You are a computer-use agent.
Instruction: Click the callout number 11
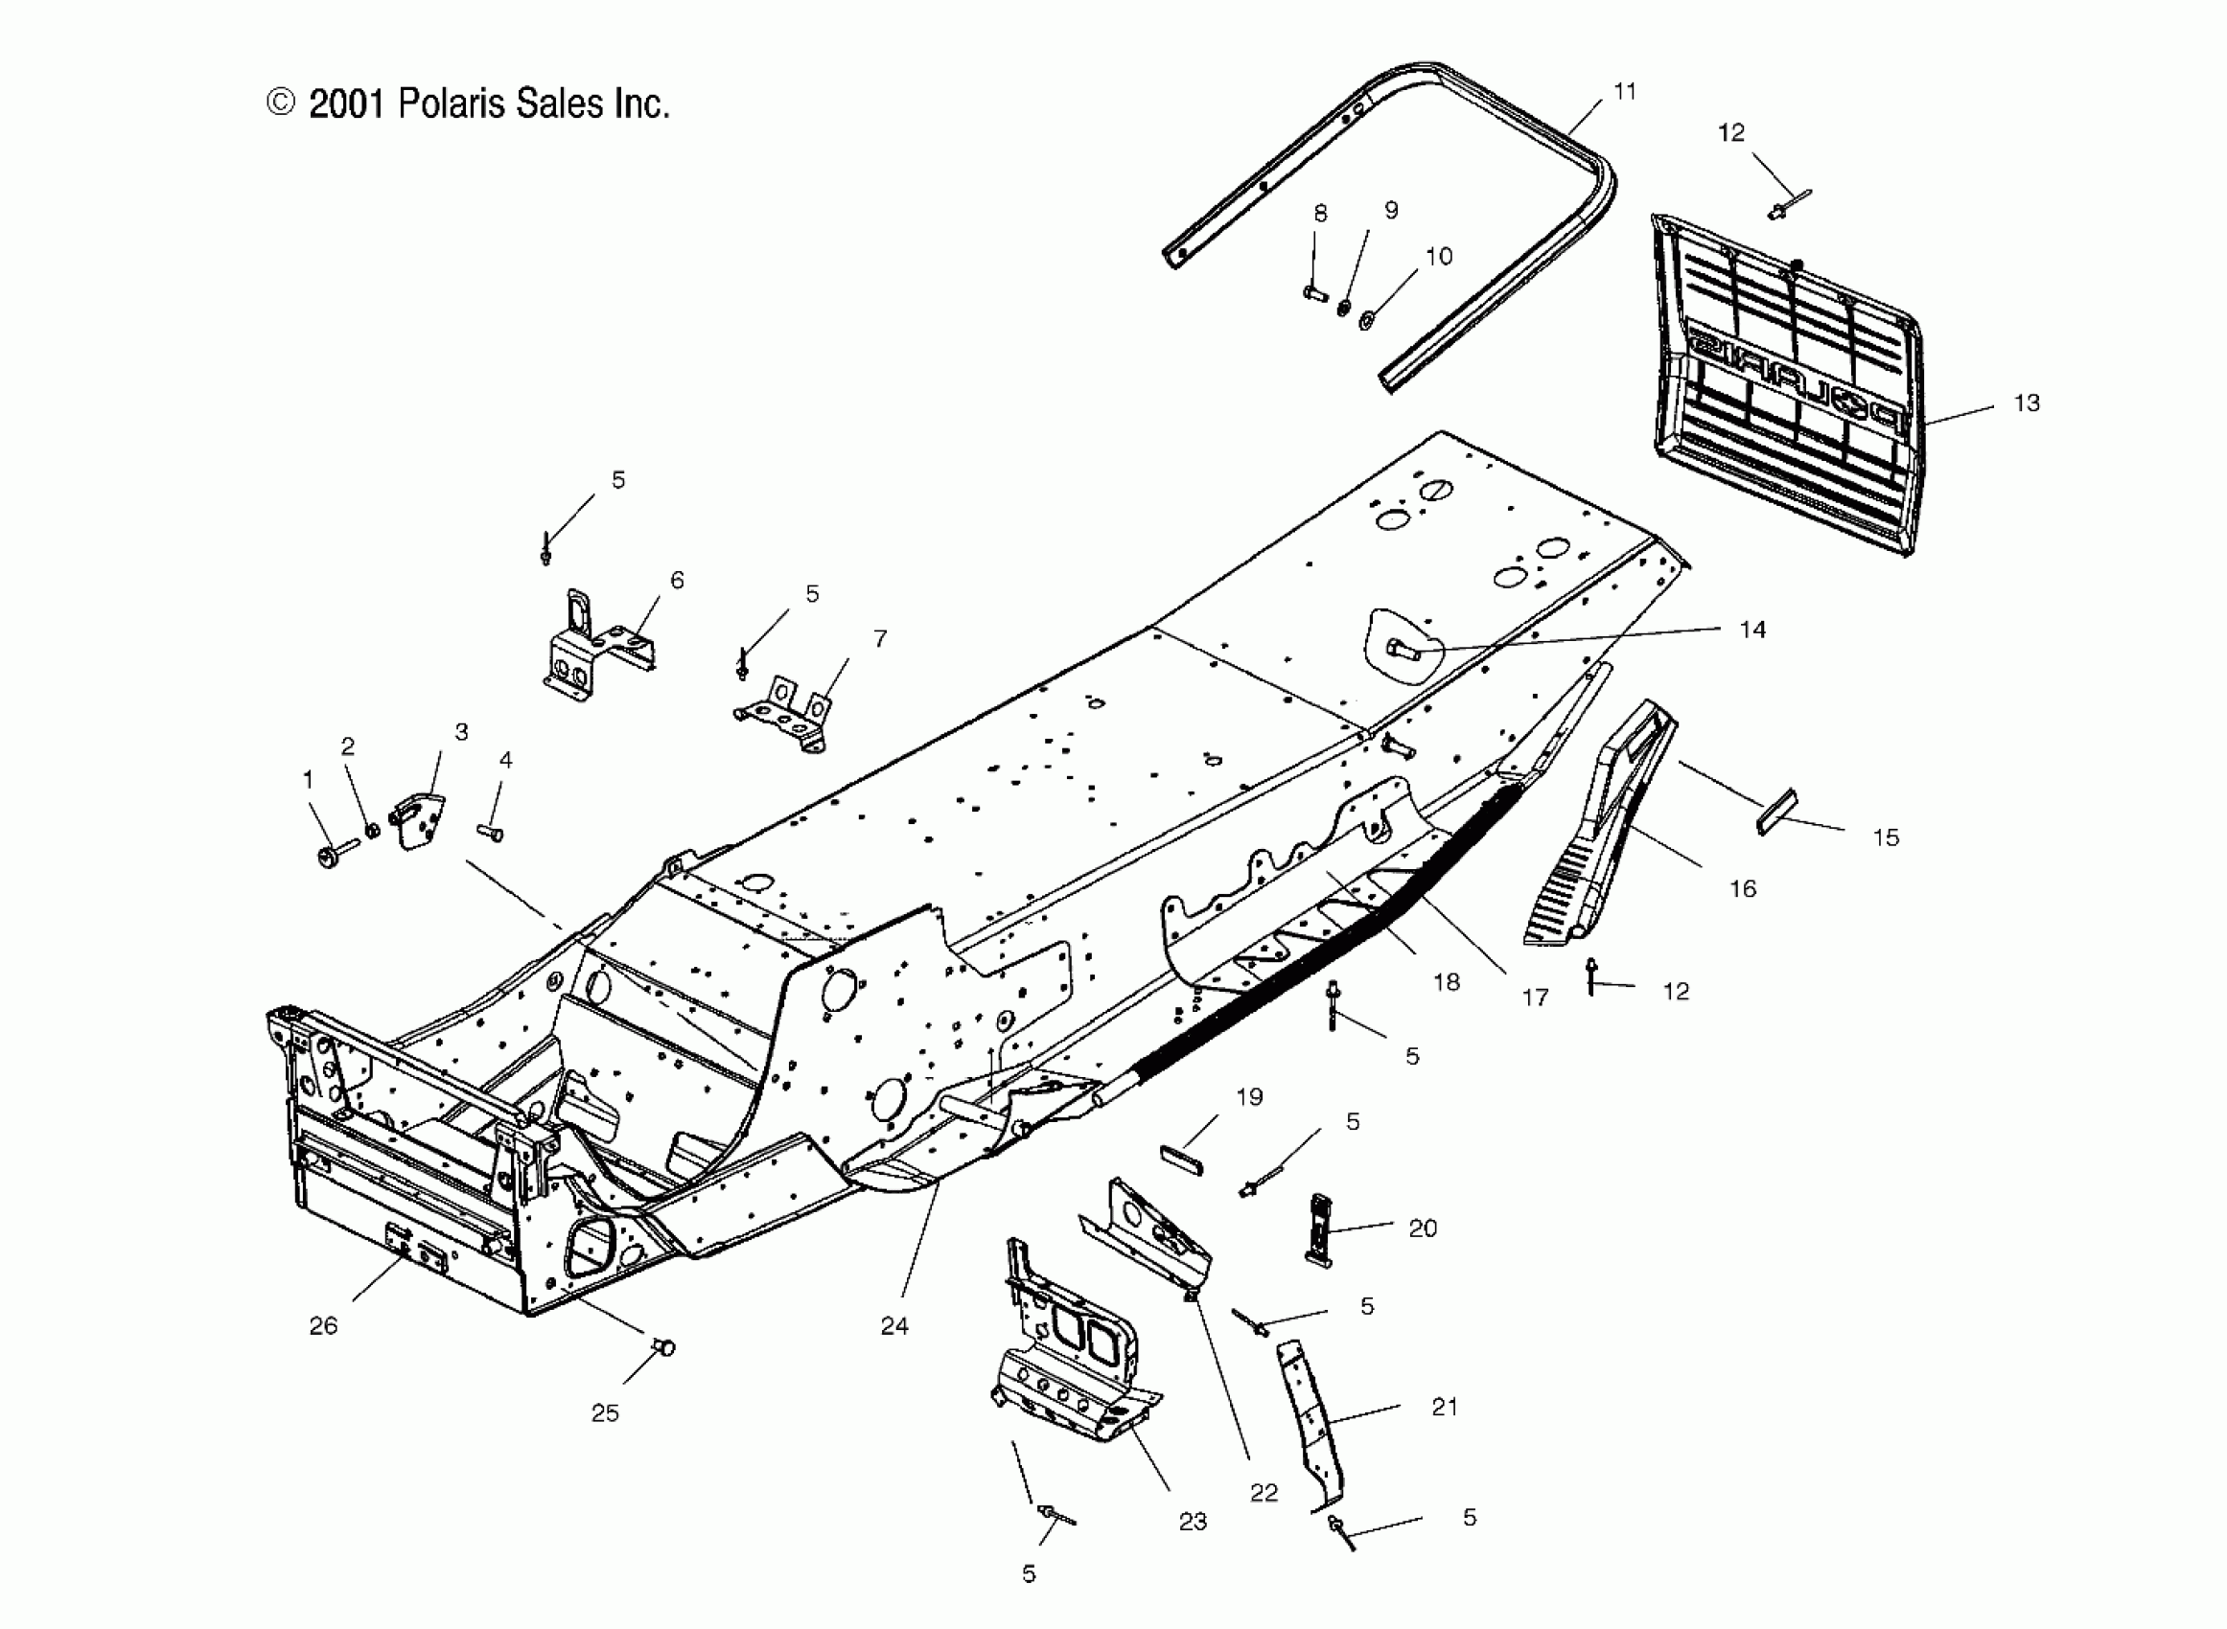tap(1624, 92)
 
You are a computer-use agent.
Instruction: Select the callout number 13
tap(2027, 403)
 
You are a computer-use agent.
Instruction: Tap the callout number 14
tap(1752, 630)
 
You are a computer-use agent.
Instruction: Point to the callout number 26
tap(323, 1326)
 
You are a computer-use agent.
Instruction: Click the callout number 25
tap(605, 1413)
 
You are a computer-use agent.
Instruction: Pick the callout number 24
tap(894, 1326)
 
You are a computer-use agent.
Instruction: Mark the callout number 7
tap(880, 639)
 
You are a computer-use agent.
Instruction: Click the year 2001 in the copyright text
tap(345, 103)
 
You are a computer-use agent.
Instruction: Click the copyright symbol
tap(281, 103)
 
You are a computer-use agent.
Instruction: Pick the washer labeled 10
tap(1367, 319)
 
